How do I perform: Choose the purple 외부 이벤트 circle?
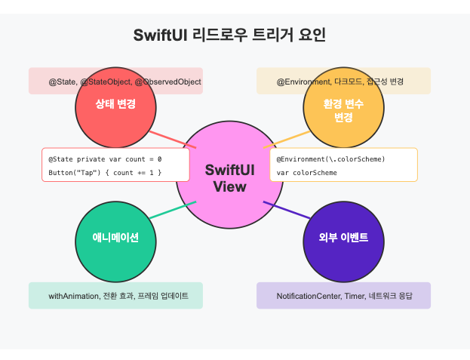click(343, 237)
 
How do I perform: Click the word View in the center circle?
click(229, 186)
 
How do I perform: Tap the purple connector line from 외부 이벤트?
click(286, 211)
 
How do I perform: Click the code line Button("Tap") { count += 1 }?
click(105, 173)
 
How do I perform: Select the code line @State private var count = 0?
click(105, 160)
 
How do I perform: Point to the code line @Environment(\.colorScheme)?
click(331, 160)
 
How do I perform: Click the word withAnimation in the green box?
click(73, 295)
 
